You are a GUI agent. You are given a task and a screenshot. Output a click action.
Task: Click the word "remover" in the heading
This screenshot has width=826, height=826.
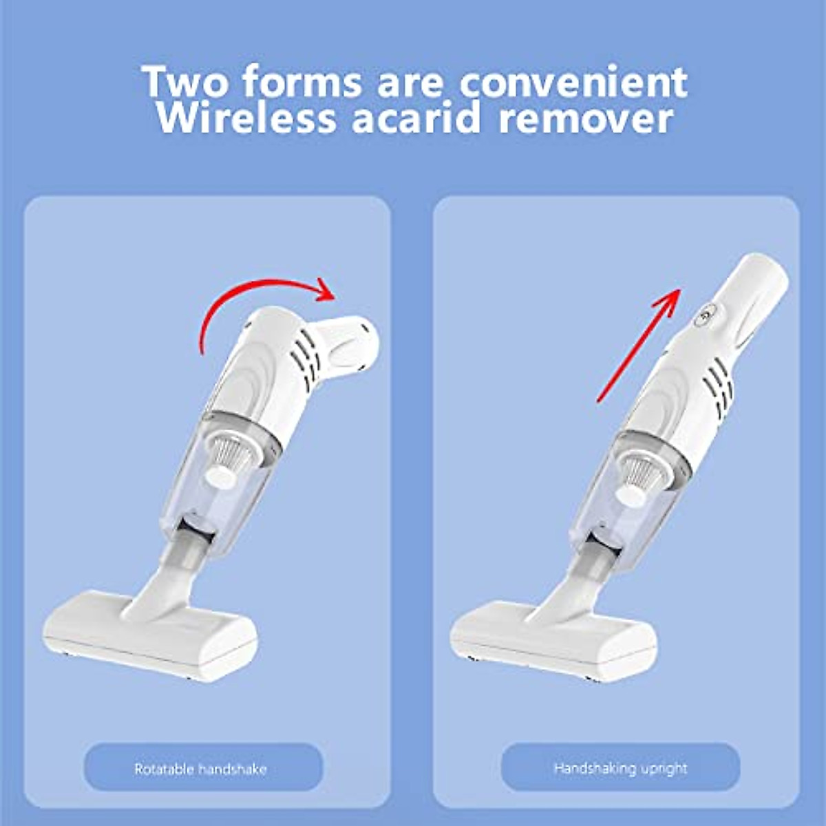point(585,118)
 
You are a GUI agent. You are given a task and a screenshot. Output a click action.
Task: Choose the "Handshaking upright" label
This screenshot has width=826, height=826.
point(620,768)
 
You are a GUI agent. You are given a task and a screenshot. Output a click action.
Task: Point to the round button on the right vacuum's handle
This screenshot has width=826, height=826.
point(703,317)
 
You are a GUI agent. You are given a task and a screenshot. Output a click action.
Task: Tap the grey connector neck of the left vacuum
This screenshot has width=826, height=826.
point(193,547)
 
